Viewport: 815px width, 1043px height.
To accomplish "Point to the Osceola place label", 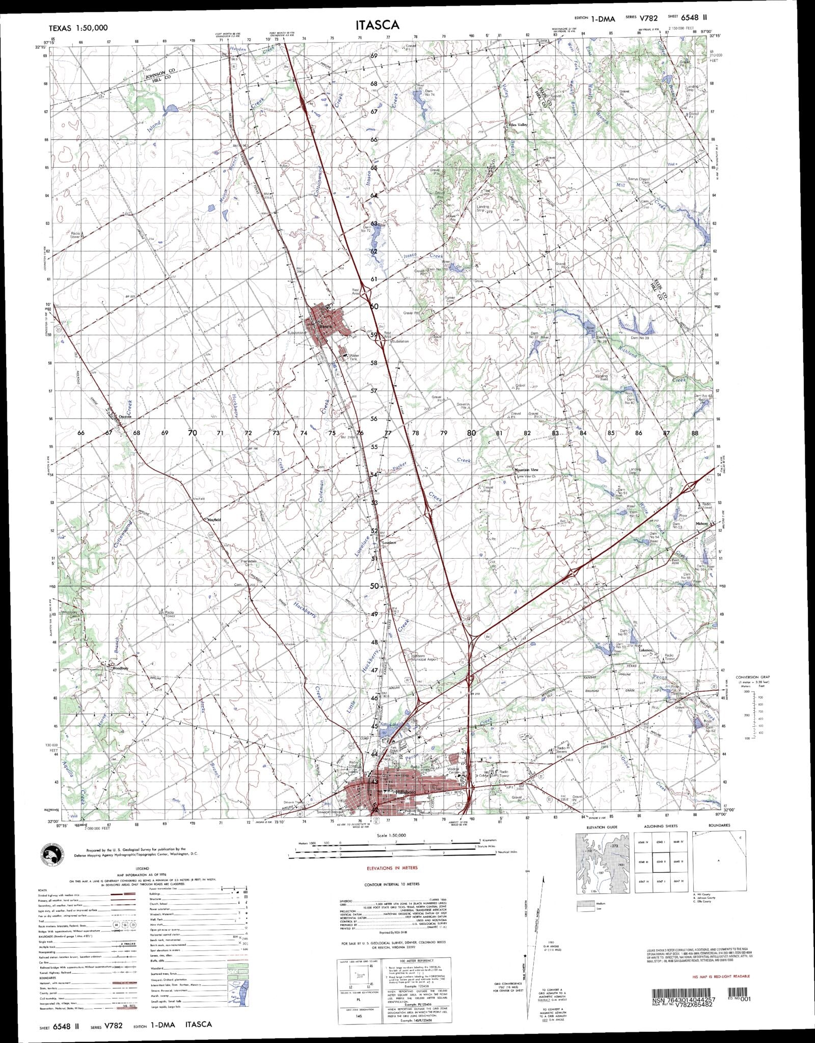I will [125, 416].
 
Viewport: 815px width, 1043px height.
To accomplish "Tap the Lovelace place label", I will [389, 543].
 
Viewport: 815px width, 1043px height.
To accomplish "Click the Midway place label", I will [702, 524].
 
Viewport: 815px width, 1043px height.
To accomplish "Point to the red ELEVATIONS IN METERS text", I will [392, 868].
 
